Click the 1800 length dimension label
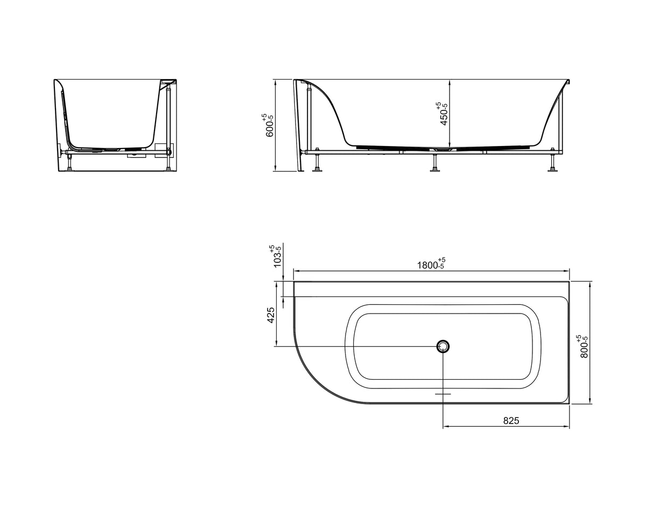[431, 264]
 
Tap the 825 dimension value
[511, 421]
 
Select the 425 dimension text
[271, 315]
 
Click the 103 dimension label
[276, 256]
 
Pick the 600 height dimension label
[268, 125]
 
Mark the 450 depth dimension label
[443, 114]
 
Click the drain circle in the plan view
[443, 346]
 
